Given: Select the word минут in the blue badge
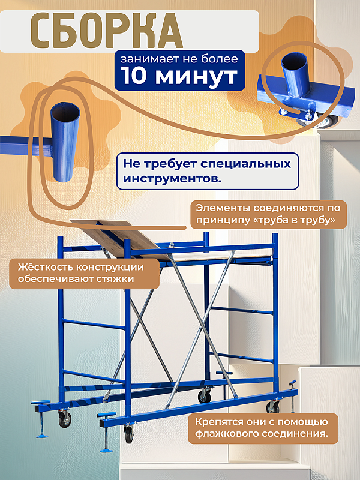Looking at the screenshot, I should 196,76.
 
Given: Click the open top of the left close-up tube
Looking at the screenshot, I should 64,112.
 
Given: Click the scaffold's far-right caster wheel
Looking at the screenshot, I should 272,408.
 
